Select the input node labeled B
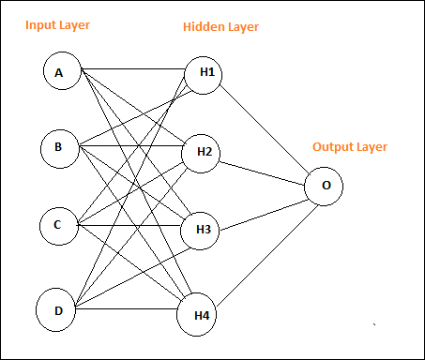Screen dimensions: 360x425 pos(59,147)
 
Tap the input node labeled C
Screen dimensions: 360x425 pos(57,225)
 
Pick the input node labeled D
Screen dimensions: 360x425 pos(57,308)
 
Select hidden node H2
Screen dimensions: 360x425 pos(202,152)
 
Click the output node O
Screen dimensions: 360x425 pos(325,186)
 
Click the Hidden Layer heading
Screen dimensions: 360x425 pos(220,27)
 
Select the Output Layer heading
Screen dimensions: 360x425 pos(349,147)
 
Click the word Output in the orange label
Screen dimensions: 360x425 pos(331,147)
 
